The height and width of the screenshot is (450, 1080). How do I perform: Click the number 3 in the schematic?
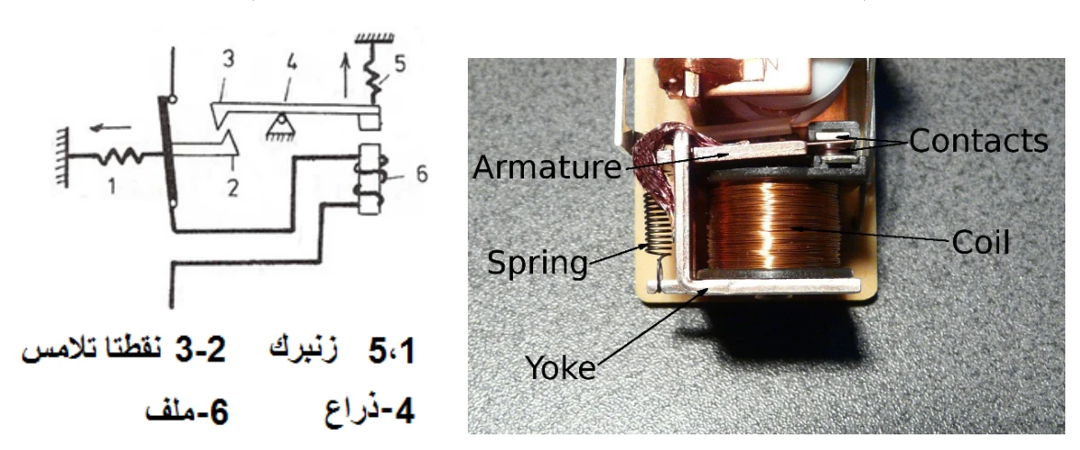tap(228, 59)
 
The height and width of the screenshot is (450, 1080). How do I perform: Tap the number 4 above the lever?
tap(291, 64)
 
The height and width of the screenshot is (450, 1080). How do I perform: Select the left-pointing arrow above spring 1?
tap(113, 127)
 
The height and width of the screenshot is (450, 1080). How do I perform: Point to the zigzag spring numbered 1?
tap(119, 157)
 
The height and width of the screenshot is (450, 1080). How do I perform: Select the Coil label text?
tap(981, 243)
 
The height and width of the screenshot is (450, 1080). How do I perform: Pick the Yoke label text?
tap(561, 367)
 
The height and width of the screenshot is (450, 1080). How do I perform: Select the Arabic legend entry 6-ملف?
tap(187, 412)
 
